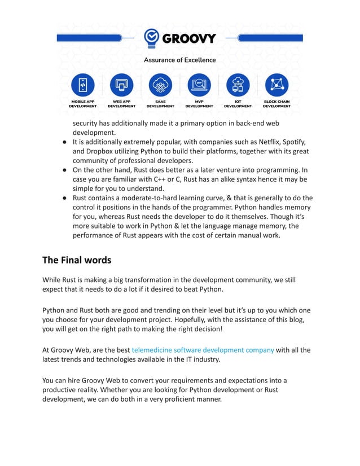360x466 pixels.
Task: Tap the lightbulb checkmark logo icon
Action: pos(152,38)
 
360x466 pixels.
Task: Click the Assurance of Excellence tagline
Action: pos(179,60)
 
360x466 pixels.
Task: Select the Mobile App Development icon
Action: pos(83,85)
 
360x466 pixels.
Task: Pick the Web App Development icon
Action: pos(121,85)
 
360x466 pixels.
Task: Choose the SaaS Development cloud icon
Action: pos(160,85)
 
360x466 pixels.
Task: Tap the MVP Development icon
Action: pos(199,85)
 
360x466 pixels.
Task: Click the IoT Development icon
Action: pos(238,85)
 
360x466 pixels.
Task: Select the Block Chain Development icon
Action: pos(276,85)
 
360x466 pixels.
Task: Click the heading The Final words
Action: pos(77,260)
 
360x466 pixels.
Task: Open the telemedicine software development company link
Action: pos(203,350)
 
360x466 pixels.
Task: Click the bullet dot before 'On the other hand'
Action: pos(65,170)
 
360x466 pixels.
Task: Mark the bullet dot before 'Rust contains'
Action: pos(65,198)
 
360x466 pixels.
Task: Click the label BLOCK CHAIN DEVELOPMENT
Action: pos(276,104)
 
